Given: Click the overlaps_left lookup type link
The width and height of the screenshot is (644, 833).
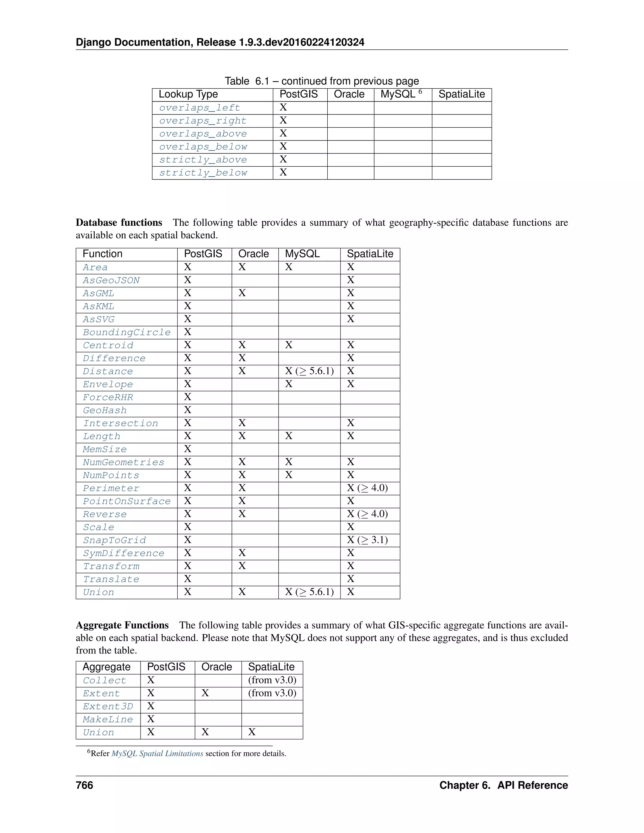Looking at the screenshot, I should [200, 108].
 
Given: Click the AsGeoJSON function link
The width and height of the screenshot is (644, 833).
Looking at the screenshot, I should [111, 280].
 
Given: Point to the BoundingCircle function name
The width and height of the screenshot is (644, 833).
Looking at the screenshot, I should [126, 332].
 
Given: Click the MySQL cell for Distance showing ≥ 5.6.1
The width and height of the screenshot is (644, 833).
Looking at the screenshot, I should [309, 371].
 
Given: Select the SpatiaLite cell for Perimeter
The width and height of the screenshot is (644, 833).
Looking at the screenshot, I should [367, 488].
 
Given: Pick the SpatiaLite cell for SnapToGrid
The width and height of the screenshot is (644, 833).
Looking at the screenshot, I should [367, 540].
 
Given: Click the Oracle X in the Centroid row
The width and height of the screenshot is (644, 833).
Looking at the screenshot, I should [242, 345].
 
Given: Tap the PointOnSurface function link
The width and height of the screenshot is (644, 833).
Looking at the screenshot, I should [126, 501].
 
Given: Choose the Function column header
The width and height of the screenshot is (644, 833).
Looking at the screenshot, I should [102, 254].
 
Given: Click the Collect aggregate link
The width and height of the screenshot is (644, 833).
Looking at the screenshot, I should [104, 681].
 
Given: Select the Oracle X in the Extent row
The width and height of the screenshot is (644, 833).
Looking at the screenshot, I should [205, 693].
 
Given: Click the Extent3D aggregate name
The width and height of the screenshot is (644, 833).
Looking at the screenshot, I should [108, 706].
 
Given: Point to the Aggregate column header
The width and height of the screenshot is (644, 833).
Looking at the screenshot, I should [107, 667].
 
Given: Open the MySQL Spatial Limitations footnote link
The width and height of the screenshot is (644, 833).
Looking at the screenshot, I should [157, 754].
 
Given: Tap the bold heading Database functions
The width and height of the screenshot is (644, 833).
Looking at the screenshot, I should [119, 223].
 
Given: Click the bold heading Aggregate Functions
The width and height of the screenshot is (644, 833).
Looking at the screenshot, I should [122, 625].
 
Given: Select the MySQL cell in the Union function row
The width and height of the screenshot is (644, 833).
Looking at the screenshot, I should [309, 592].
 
